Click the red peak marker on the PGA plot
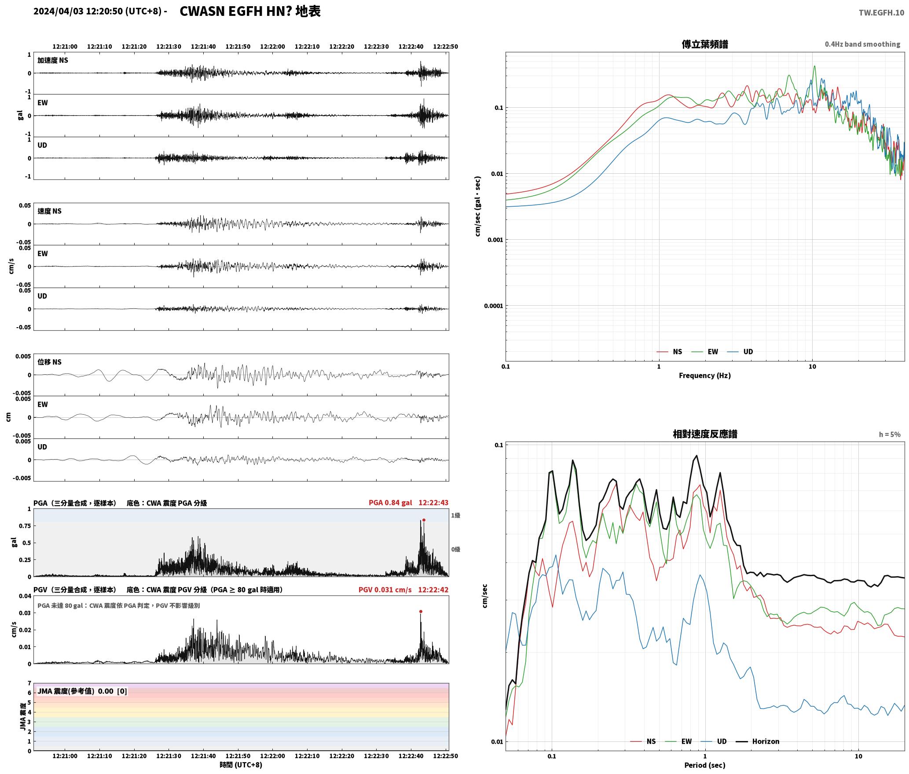click(424, 520)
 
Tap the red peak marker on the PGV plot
click(421, 611)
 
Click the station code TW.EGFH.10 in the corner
click(881, 12)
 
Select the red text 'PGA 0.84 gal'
click(390, 503)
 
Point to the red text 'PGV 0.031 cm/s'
click(385, 590)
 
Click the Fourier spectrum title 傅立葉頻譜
click(704, 44)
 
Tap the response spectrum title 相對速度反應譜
click(705, 434)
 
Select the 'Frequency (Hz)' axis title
click(704, 376)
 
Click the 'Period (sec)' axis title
click(704, 765)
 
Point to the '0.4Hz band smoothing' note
click(862, 44)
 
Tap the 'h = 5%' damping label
click(890, 434)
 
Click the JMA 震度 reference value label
click(82, 691)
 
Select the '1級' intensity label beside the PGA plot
click(455, 515)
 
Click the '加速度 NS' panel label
click(53, 60)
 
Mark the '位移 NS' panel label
click(50, 362)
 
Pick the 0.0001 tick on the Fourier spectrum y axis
click(493, 306)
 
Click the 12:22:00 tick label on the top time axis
click(272, 47)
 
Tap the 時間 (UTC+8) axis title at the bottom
click(241, 765)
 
